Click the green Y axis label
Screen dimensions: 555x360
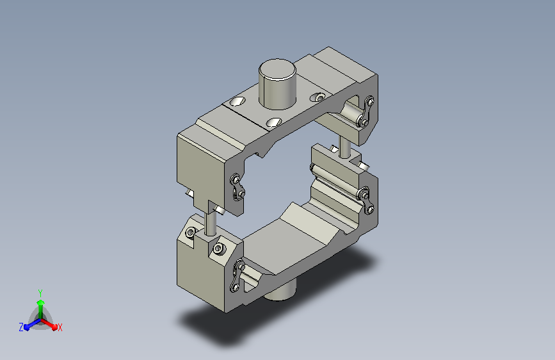[x=40, y=293]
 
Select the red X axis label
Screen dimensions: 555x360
[x=60, y=327]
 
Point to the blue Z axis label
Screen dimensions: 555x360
[x=21, y=327]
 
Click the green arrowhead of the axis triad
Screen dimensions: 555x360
[x=41, y=302]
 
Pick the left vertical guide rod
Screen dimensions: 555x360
[x=211, y=222]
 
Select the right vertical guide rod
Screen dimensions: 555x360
[x=344, y=147]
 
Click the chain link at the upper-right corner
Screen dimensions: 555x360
[x=366, y=112]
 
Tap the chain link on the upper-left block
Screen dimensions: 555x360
[x=237, y=187]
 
